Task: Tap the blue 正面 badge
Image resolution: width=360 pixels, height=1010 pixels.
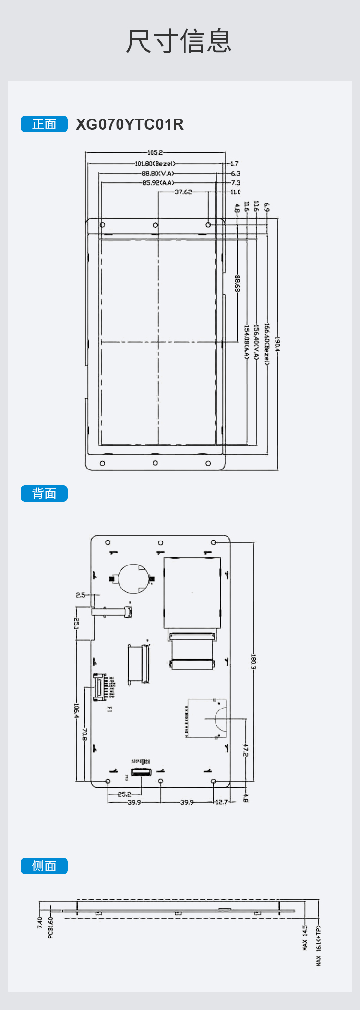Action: point(44,124)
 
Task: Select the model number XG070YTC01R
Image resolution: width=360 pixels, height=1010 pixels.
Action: point(130,124)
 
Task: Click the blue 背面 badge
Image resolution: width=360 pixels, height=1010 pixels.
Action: point(44,493)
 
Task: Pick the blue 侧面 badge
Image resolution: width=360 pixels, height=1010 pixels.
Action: point(44,866)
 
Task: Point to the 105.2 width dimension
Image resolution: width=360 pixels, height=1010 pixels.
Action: point(155,153)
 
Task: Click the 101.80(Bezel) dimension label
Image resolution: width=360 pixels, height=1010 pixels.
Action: point(155,164)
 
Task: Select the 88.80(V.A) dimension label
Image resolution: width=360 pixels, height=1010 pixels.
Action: point(158,173)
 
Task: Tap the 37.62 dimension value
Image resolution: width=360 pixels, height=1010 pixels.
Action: point(183,192)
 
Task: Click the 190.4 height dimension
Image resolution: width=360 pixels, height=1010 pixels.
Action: point(277,344)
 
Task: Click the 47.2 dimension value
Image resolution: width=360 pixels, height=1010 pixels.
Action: point(246,750)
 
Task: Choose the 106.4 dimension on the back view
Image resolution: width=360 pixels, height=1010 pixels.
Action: point(76,710)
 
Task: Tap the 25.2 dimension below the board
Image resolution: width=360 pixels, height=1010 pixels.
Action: point(124,794)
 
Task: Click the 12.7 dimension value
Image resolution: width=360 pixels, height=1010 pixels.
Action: point(221,802)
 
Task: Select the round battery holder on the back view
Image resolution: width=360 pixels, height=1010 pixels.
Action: point(132,579)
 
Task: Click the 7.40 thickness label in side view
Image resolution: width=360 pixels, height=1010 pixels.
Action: point(40,922)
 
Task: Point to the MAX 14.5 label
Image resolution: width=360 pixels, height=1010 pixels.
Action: point(305,938)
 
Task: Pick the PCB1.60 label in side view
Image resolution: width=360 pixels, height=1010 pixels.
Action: point(51,927)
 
